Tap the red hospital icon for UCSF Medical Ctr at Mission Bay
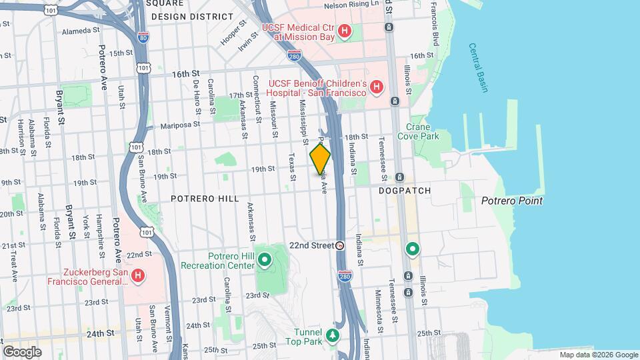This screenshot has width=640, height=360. [x=344, y=31]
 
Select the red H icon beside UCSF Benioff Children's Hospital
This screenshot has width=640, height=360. [x=377, y=87]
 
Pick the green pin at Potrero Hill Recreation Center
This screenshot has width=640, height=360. [x=265, y=260]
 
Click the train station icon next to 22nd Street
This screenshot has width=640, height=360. [x=340, y=245]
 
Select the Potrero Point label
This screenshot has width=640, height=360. [x=511, y=201]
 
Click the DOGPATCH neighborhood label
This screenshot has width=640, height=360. [x=405, y=191]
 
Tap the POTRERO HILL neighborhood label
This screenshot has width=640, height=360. [x=199, y=199]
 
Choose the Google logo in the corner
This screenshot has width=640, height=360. [x=22, y=351]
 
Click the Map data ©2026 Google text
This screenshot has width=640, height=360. [x=598, y=355]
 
